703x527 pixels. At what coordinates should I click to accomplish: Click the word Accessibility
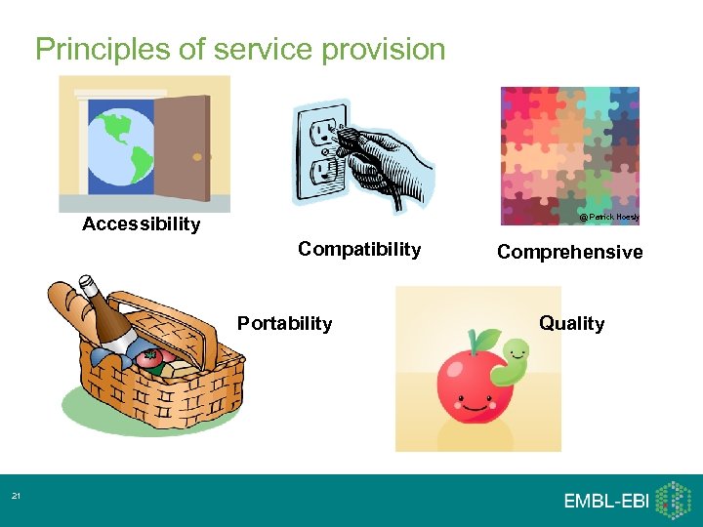coord(141,224)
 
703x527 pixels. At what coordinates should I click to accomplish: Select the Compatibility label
coord(359,250)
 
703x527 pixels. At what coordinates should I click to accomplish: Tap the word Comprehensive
coord(569,253)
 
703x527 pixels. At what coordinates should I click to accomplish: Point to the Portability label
coord(284,324)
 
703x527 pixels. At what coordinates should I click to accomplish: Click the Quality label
coord(571,324)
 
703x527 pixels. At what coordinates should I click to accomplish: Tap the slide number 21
coord(16,498)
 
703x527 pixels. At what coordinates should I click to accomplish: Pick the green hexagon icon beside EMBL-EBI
coord(673,500)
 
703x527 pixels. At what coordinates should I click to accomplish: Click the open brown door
coord(183,146)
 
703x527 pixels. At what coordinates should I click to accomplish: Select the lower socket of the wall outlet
coord(322,176)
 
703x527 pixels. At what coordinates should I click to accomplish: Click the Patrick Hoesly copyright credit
coord(609,217)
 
